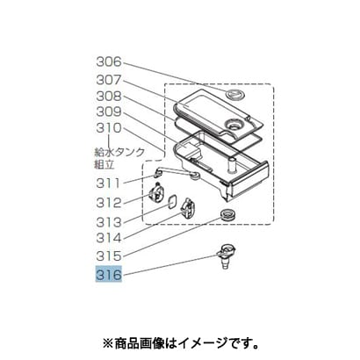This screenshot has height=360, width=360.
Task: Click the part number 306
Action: tap(109, 61)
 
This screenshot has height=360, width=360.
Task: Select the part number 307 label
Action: tap(109, 80)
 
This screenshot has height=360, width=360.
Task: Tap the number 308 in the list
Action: tap(109, 96)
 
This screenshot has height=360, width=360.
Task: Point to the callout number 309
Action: tap(109, 112)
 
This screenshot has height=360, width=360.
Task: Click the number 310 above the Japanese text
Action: tap(109, 128)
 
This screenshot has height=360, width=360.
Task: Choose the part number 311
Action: tap(109, 184)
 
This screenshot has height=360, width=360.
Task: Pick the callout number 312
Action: tap(109, 203)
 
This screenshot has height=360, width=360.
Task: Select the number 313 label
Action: tap(109, 222)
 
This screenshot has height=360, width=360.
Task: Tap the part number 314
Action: tap(109, 238)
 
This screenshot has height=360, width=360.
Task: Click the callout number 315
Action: tap(109, 256)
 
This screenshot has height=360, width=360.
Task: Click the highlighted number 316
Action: tap(109, 275)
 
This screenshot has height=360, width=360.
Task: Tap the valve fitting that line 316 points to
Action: tap(227, 256)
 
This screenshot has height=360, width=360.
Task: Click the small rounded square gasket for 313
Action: tap(172, 202)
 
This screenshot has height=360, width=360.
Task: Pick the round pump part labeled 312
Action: tap(156, 194)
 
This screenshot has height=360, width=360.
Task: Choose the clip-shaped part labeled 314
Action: tap(187, 208)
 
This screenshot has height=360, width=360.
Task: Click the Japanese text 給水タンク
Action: tap(119, 152)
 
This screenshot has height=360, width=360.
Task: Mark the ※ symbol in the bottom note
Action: tap(108, 343)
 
